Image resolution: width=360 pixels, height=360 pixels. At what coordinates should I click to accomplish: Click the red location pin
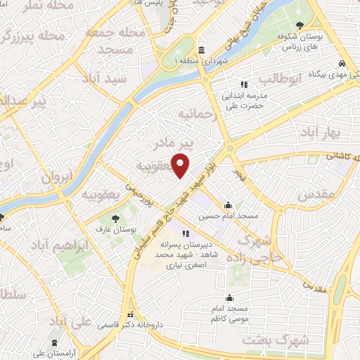click(x=181, y=165)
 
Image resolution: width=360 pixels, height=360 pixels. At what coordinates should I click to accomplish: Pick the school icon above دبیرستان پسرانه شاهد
click(x=185, y=234)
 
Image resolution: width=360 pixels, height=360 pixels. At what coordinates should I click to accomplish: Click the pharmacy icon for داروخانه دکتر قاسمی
click(x=129, y=314)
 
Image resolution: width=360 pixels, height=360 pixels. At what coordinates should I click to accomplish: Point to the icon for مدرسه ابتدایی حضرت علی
click(x=245, y=84)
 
